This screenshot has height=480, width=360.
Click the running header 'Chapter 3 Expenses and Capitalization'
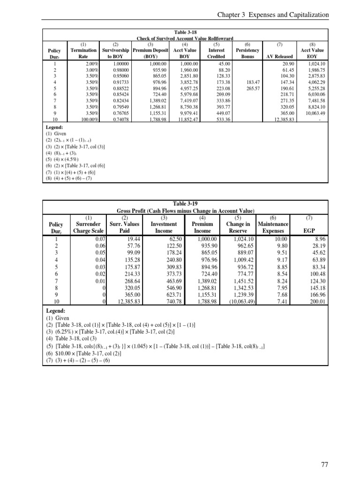tap(273, 15)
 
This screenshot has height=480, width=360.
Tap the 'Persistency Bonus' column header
tap(247, 53)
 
